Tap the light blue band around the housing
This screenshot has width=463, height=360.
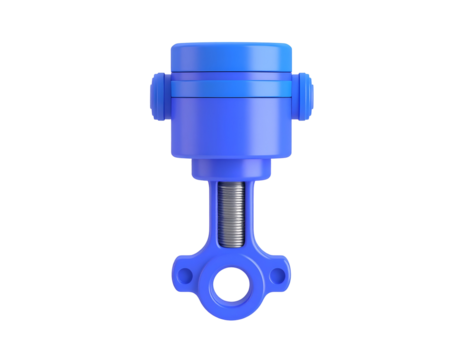click(232, 90)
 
